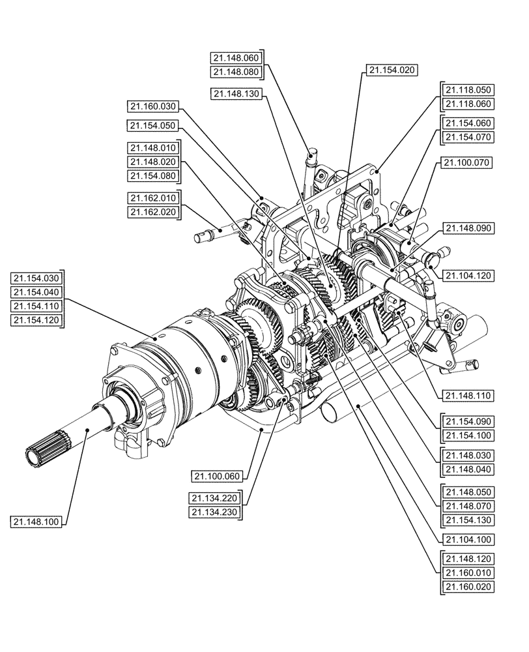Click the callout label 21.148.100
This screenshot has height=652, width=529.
(36, 521)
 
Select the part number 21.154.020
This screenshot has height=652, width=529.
(392, 70)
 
